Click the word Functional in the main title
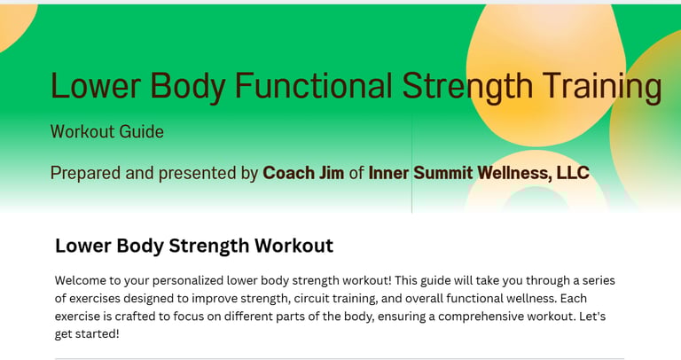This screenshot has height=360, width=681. [313, 85]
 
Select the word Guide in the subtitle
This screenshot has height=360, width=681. [141, 131]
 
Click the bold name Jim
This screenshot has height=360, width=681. [332, 173]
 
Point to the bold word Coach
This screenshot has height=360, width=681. [289, 173]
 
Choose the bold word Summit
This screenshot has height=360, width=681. [442, 173]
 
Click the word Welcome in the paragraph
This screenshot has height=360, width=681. [81, 280]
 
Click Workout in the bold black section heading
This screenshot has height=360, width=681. [294, 246]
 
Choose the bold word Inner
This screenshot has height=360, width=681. [388, 173]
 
